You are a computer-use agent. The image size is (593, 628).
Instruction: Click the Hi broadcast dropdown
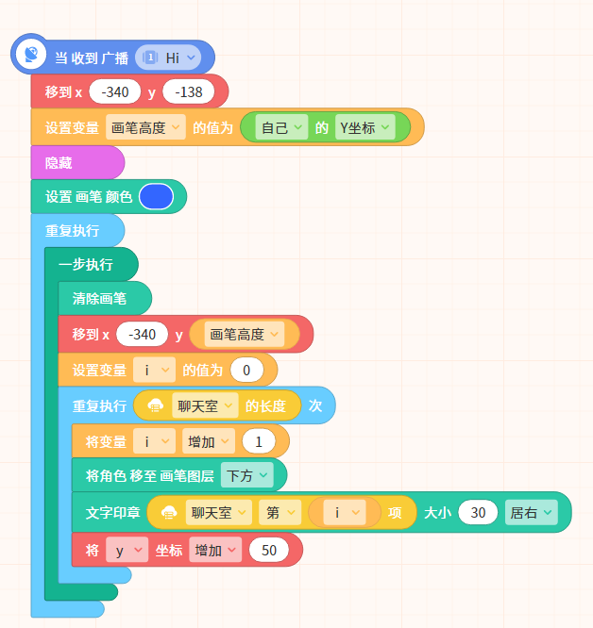168,58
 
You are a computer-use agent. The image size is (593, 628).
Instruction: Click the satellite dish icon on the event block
31,54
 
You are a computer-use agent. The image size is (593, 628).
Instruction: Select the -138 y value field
189,92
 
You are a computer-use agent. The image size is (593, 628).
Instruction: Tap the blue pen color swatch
156,197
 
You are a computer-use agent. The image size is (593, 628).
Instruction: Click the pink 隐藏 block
77,162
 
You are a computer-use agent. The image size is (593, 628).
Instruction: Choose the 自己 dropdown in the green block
282,127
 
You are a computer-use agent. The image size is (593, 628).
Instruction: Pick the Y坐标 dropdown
364,127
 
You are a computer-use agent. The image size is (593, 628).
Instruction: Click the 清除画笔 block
105,298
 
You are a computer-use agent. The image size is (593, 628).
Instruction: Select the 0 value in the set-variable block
246,370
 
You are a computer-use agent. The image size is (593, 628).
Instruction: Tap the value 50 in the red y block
268,551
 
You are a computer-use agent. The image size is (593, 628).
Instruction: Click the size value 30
478,513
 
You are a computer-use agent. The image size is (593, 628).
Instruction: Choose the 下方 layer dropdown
247,476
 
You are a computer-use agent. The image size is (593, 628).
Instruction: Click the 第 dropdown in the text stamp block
280,513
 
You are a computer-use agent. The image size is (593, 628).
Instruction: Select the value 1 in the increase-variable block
259,441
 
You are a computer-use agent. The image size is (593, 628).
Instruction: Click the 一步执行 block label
86,264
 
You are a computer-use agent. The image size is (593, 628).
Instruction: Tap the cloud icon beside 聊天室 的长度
156,406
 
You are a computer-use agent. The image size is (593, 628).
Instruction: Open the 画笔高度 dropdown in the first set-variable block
145,127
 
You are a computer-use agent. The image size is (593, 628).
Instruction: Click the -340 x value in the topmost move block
115,92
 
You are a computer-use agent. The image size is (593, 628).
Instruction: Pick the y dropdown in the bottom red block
127,551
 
